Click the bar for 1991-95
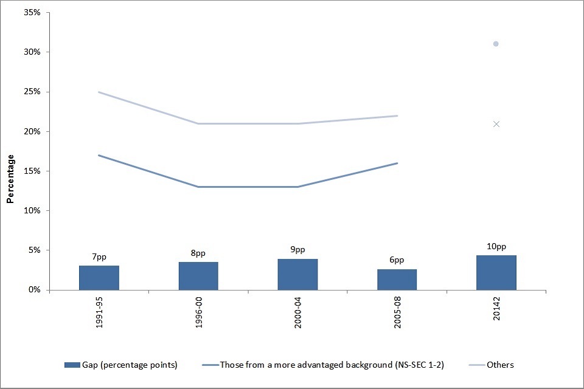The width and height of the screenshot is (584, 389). coord(99,278)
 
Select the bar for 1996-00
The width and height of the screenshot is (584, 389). coord(198,276)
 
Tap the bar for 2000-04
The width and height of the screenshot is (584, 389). coord(297,275)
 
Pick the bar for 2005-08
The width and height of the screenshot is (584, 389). coord(397,280)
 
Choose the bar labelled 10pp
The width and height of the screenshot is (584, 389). coord(496,273)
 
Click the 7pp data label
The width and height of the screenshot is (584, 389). coord(99,258)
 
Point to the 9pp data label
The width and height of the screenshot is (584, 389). coord(297,250)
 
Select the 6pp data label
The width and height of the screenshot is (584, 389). coord(397,260)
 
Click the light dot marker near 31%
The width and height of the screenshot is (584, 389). coord(496,44)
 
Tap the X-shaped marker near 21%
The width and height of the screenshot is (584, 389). coord(496,124)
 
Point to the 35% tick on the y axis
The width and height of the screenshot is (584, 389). coord(32,13)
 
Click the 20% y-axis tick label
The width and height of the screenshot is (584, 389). coord(32,131)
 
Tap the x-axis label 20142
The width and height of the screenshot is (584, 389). coord(496,310)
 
